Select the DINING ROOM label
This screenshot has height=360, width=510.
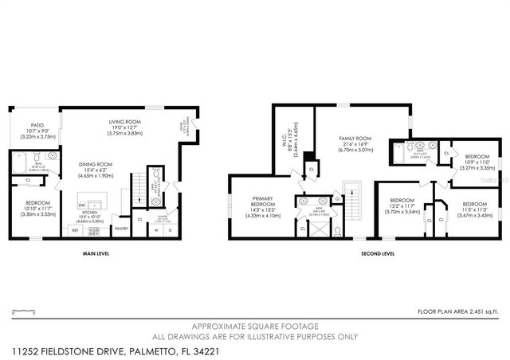pos(94,165)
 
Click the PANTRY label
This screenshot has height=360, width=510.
pos(121,229)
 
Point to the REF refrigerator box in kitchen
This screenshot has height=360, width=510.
pos(76,231)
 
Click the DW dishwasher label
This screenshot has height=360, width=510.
pos(82,205)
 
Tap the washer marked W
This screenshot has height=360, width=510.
pos(156,231)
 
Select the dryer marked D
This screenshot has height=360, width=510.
pos(169,231)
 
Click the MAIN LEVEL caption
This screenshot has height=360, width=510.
pos(96,254)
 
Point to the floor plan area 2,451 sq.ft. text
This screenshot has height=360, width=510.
pos(458,311)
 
